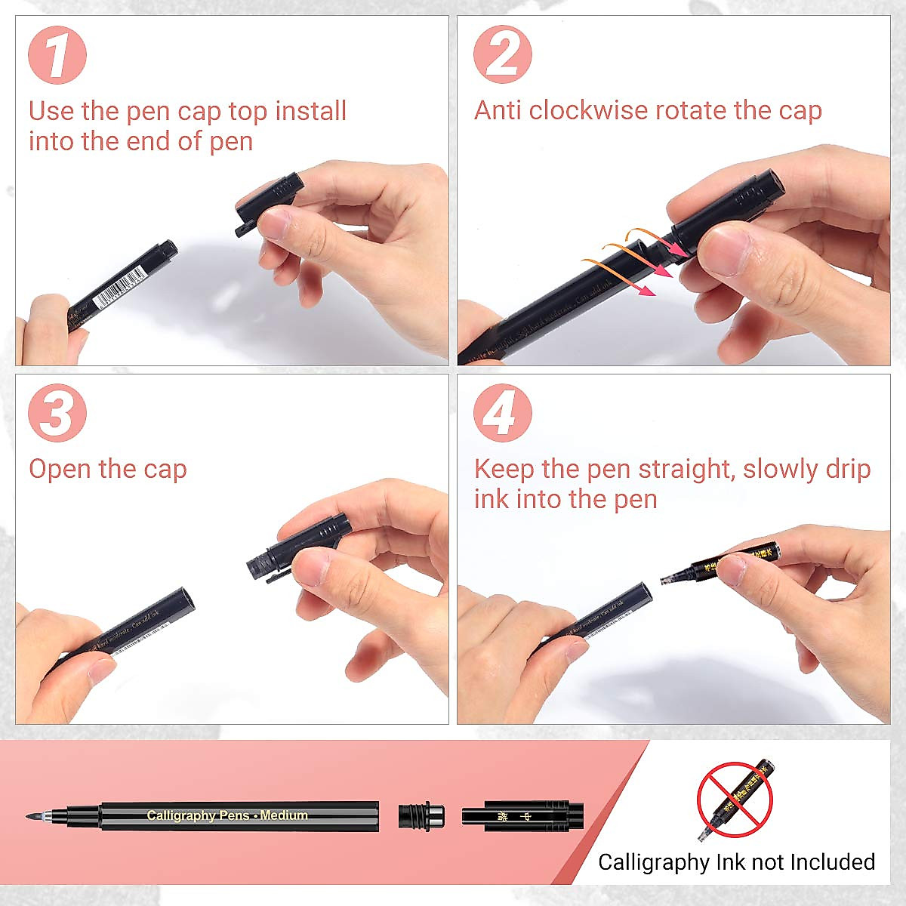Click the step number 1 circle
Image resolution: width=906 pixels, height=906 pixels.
[x=57, y=55]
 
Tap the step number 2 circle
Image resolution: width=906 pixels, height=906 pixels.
[x=503, y=54]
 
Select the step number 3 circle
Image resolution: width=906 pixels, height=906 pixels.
[x=57, y=413]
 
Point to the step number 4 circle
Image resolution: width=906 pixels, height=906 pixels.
[x=503, y=413]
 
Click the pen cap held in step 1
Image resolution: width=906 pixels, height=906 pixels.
[x=269, y=200]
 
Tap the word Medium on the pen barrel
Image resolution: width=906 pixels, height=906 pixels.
[x=284, y=815]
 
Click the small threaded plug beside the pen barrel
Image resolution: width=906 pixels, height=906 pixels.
[x=421, y=816]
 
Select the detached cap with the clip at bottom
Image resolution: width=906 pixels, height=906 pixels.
[x=522, y=816]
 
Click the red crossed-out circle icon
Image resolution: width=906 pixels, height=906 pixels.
[x=735, y=799]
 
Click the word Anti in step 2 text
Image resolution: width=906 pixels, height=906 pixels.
[x=498, y=110]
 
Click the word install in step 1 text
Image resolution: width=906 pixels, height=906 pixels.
[x=310, y=111]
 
